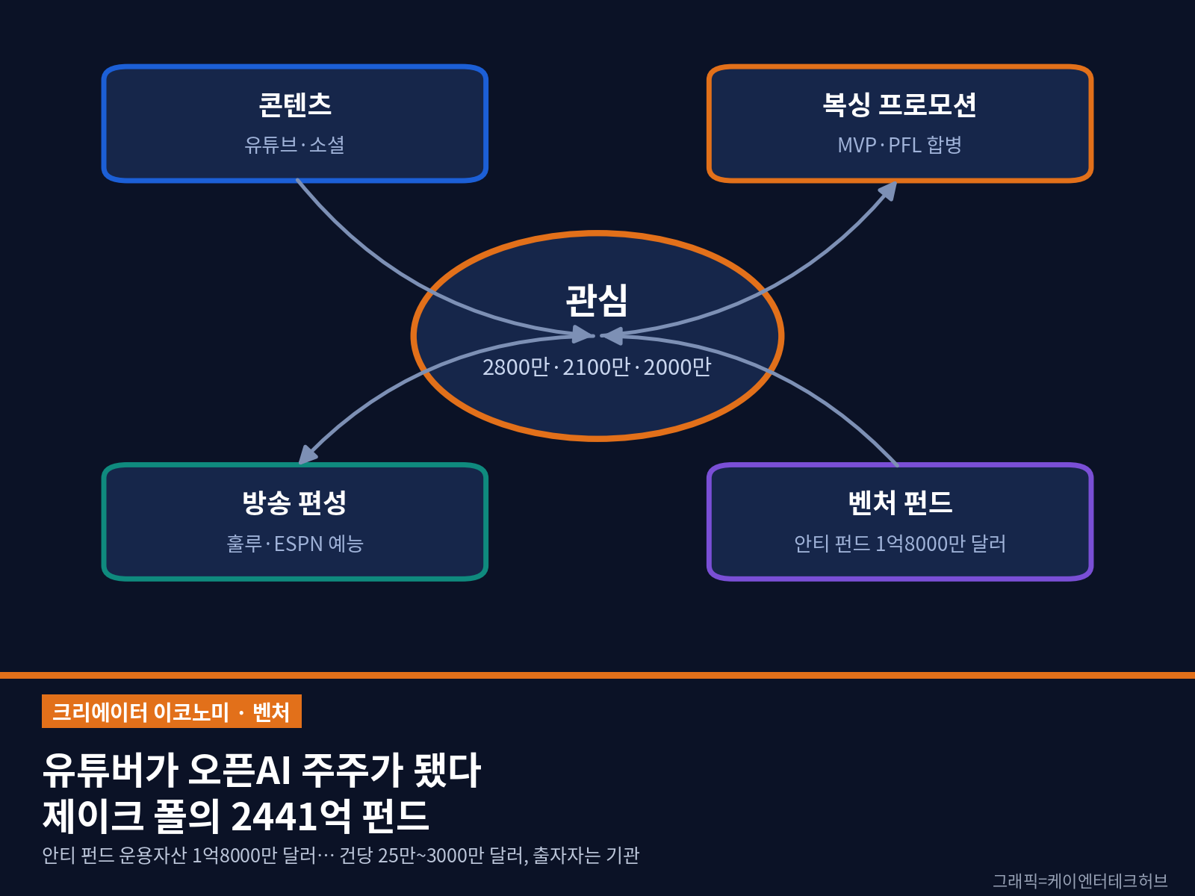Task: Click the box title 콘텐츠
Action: click(x=294, y=104)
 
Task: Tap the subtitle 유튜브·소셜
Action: click(x=294, y=145)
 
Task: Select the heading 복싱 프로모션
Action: click(x=899, y=104)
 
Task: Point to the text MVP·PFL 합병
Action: click(x=899, y=145)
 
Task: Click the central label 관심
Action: click(x=597, y=300)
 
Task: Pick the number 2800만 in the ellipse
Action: click(x=516, y=367)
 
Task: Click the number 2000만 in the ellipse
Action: click(x=677, y=367)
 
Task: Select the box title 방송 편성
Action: click(x=294, y=502)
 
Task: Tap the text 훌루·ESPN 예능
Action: click(x=294, y=544)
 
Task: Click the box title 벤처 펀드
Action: click(x=900, y=502)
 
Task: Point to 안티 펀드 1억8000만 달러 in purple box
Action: click(x=900, y=544)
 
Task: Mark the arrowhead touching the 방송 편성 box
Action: click(x=308, y=455)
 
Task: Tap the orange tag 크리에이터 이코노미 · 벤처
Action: click(x=172, y=711)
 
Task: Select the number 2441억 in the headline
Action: click(x=291, y=815)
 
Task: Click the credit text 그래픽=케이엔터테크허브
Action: click(x=1080, y=880)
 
